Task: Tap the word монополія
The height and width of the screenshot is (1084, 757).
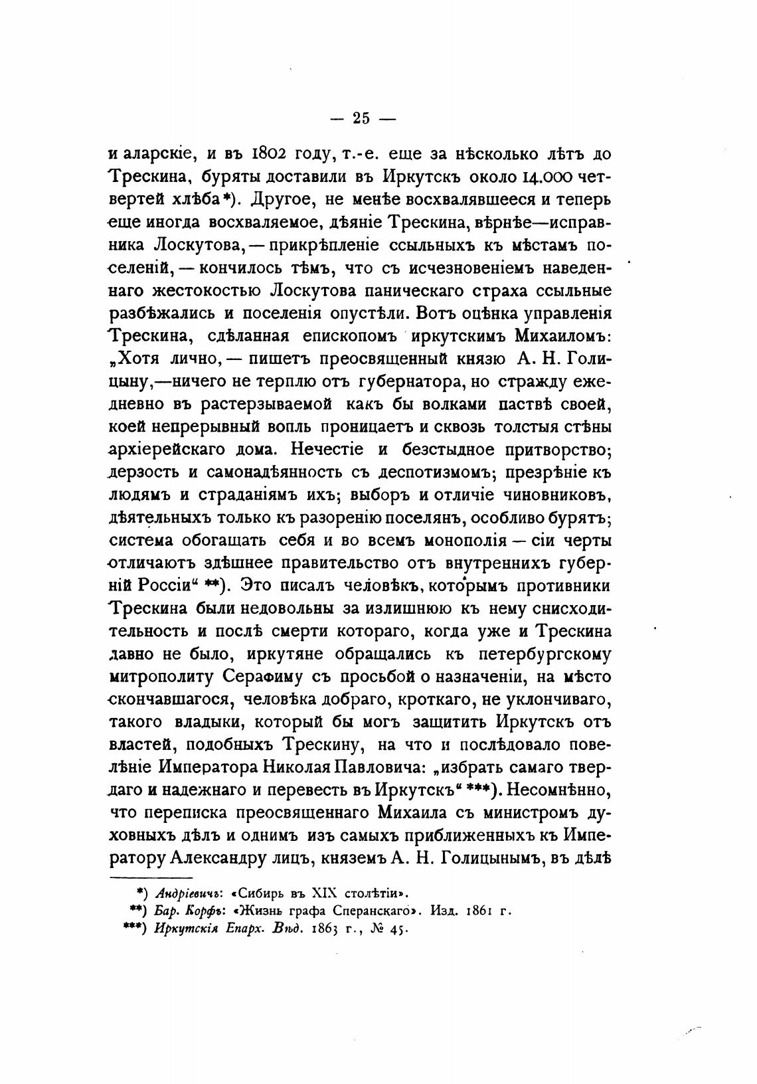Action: tap(447, 541)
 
